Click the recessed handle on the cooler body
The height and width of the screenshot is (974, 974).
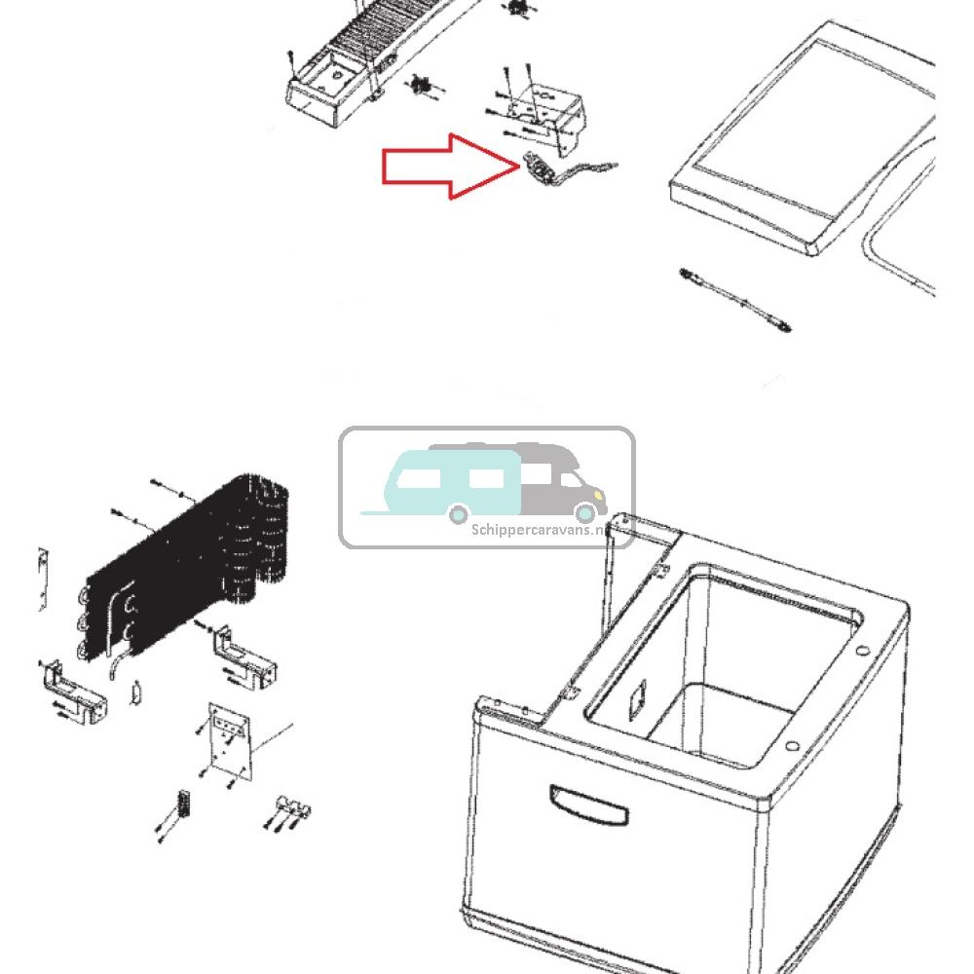pos(588,805)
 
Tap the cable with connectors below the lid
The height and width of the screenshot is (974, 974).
pos(735,300)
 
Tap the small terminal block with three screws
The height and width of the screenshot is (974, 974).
pos(290,808)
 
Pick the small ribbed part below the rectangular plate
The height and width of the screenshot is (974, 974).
pos(180,806)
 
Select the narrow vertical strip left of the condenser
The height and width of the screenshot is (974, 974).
pos(43,579)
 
